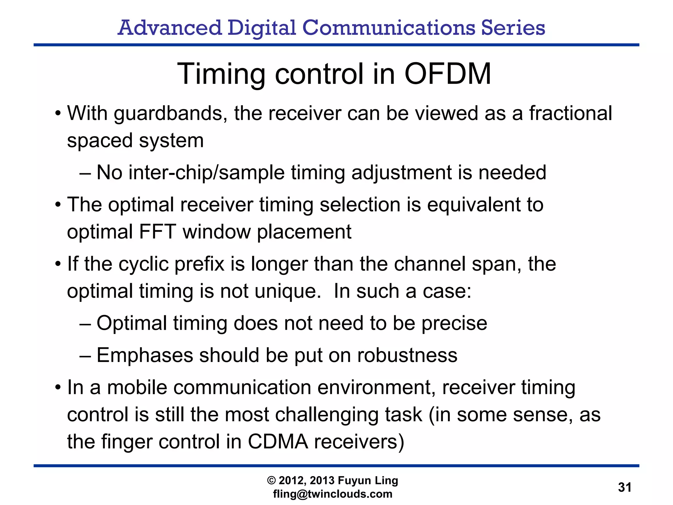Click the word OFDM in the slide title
click(448, 74)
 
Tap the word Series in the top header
click(513, 28)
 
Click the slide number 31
click(624, 487)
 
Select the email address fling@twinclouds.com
click(333, 494)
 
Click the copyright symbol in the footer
click(271, 481)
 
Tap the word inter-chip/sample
click(206, 172)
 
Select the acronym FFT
click(158, 231)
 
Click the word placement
click(304, 232)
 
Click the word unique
click(288, 292)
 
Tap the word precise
click(454, 324)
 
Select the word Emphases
click(145, 356)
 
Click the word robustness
click(407, 355)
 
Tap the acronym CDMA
click(278, 442)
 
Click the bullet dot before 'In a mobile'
click(58, 388)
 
